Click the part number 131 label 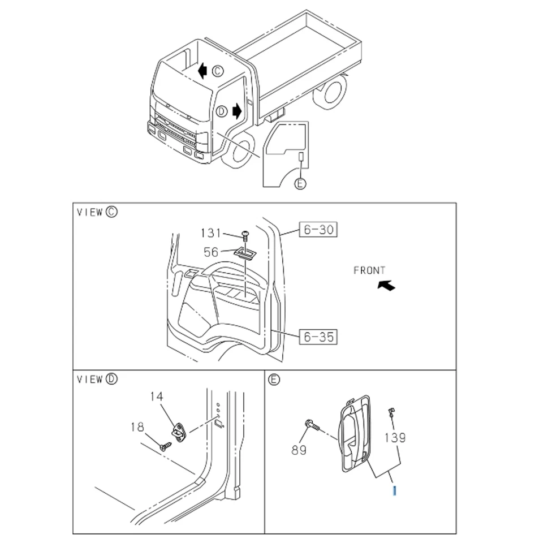point(210,233)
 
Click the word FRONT point(369,271)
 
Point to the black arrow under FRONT point(387,286)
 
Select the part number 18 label point(137,428)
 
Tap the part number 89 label point(299,450)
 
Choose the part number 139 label point(395,437)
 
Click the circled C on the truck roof point(218,71)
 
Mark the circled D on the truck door point(221,111)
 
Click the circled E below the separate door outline point(300,184)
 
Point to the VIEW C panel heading point(97,212)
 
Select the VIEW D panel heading point(97,379)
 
